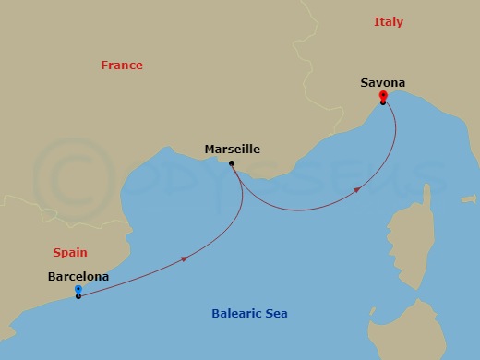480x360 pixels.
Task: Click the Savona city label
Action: (382, 83)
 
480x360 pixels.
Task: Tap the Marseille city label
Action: (231, 149)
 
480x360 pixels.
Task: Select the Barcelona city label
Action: (78, 276)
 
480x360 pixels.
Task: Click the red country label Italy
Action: (389, 21)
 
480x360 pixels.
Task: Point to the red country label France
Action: (122, 66)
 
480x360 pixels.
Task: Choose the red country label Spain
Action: (70, 252)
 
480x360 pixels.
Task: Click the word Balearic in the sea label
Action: (237, 314)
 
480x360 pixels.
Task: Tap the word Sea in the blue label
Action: (276, 314)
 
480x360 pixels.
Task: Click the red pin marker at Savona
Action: (382, 95)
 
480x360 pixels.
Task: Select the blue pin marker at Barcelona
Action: (78, 289)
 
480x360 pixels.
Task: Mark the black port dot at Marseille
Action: (232, 164)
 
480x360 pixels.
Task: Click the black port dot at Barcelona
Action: (78, 296)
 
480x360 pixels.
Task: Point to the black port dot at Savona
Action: (382, 102)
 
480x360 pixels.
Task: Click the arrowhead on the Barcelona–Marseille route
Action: (185, 259)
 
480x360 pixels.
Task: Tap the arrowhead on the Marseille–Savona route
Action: (355, 191)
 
